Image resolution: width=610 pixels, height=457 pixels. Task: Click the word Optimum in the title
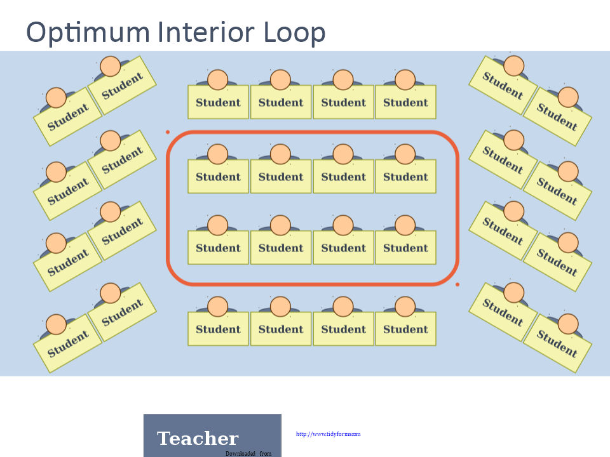(x=88, y=32)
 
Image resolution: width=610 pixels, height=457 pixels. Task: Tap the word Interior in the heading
(x=207, y=32)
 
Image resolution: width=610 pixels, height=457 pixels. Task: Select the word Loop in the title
(x=294, y=32)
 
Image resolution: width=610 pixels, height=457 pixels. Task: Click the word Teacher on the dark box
(x=198, y=439)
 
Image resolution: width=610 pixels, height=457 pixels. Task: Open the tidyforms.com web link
(x=328, y=434)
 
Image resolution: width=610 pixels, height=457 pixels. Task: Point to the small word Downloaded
(x=240, y=453)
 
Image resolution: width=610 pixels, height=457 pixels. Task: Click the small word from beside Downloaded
(x=266, y=453)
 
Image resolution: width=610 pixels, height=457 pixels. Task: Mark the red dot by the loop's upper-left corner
(x=168, y=132)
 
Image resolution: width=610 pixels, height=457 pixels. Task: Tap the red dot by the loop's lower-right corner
(x=457, y=285)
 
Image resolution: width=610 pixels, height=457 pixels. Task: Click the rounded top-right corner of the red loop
(x=451, y=140)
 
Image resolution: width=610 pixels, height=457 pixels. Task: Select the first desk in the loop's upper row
(x=218, y=176)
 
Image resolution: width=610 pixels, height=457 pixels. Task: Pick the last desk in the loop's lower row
(x=406, y=248)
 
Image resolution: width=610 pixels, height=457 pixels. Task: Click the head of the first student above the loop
(x=218, y=80)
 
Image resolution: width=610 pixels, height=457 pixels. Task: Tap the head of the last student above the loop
(x=405, y=80)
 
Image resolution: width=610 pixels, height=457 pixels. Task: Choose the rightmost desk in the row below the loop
(x=406, y=329)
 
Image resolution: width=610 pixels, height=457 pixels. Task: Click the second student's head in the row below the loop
(x=280, y=307)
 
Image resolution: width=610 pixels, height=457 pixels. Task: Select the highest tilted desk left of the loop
(x=122, y=86)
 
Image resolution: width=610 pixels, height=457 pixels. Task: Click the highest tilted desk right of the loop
(x=503, y=86)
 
